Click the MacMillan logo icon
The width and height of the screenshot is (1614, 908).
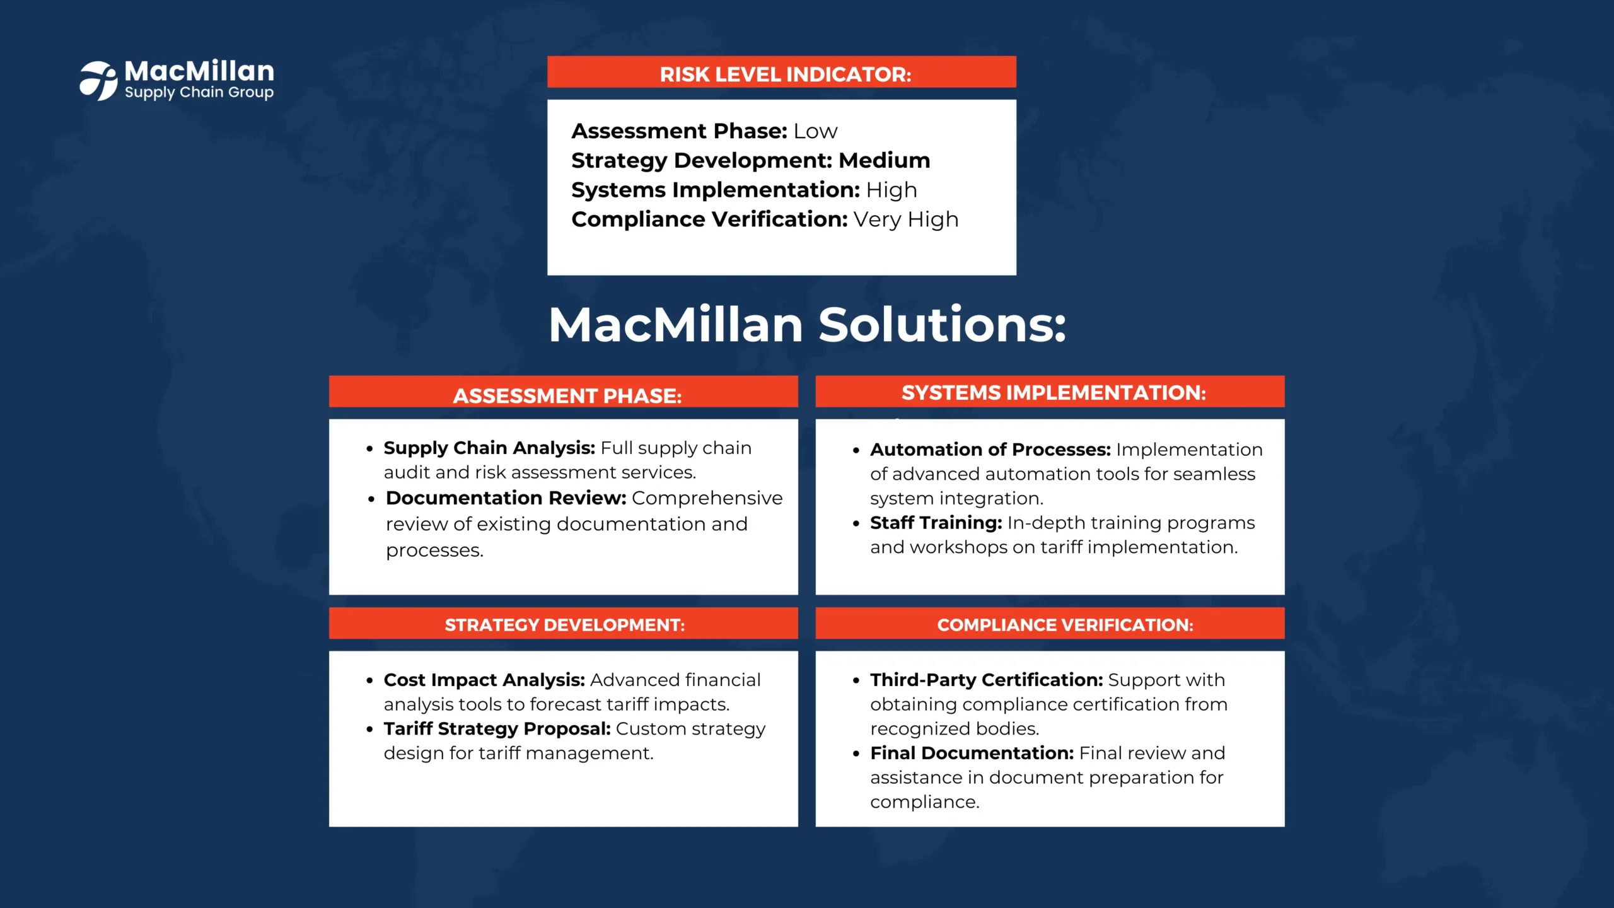tap(98, 81)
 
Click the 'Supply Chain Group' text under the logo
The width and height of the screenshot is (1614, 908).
tap(199, 93)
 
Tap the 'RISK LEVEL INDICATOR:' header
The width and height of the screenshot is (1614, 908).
tap(786, 74)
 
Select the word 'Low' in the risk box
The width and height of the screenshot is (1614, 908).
tap(815, 131)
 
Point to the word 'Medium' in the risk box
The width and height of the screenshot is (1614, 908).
tap(885, 160)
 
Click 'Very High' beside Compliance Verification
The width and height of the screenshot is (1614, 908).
tap(906, 219)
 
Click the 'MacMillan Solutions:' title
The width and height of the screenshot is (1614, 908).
tap(807, 325)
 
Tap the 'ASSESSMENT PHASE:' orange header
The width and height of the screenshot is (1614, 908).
tap(567, 395)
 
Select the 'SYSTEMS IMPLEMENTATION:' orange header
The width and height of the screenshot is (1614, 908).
tap(1054, 392)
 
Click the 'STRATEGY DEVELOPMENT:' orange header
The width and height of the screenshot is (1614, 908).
tap(565, 625)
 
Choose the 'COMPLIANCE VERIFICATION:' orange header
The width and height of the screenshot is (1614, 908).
tap(1065, 625)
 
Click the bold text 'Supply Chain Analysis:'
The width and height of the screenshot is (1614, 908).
tap(489, 448)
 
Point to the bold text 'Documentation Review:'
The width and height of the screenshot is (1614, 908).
tap(506, 498)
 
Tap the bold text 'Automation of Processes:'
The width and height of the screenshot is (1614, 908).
tap(990, 450)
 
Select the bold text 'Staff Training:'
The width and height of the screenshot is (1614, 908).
tap(936, 523)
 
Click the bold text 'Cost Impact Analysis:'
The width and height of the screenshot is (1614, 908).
tap(484, 680)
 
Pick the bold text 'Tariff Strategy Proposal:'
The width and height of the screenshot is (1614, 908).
tap(497, 729)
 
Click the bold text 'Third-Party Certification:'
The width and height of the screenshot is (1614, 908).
tap(987, 680)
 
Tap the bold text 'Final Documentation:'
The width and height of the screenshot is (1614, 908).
tap(972, 753)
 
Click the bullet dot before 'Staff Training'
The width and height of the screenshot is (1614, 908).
tap(856, 524)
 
